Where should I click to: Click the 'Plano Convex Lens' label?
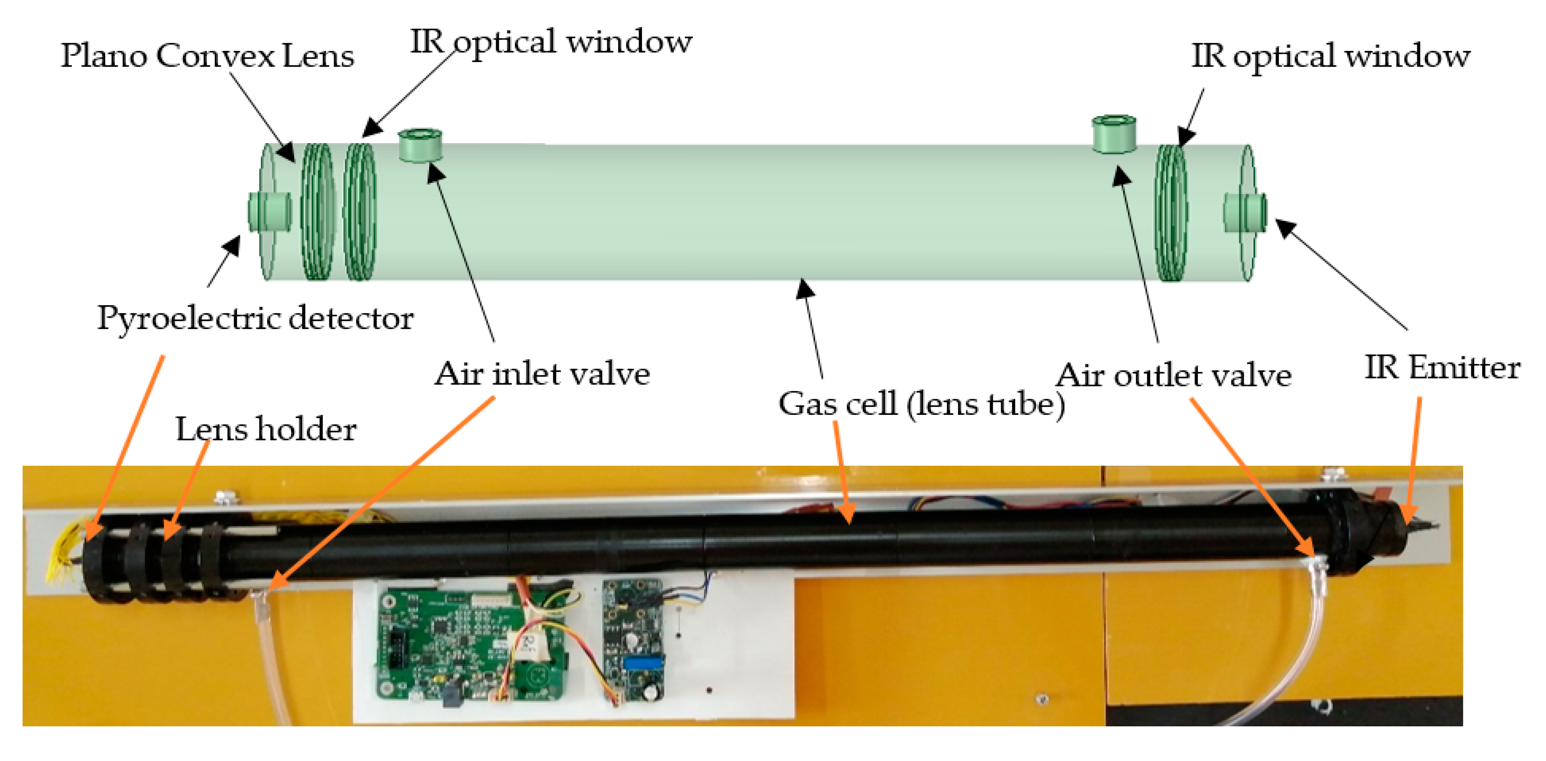coord(207,56)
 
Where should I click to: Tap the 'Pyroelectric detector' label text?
coord(255,318)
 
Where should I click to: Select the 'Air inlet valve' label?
coord(542,374)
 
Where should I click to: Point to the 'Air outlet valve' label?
coord(1173,376)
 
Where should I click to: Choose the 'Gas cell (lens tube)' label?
coord(921,404)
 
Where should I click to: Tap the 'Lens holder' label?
coord(266,429)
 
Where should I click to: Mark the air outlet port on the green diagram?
coord(1113,134)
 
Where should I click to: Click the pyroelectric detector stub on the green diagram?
coord(270,212)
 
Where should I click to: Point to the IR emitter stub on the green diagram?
coord(1246,212)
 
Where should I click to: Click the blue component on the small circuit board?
coord(642,664)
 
